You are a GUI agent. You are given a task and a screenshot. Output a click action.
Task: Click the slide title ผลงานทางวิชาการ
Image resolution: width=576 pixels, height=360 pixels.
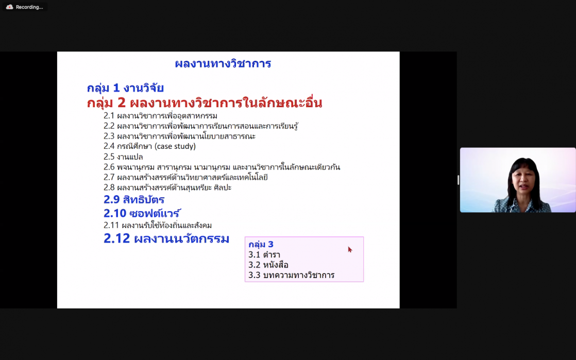click(x=223, y=64)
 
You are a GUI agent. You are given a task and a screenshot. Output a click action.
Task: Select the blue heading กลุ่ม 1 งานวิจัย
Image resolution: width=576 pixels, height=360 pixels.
click(x=125, y=88)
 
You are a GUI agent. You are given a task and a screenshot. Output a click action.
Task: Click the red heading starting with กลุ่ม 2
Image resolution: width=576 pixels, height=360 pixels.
click(x=205, y=102)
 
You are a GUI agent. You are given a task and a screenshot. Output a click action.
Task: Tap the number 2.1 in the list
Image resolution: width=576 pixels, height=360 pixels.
click(x=109, y=116)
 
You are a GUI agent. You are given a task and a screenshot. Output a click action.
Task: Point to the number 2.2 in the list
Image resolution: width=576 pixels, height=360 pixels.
click(x=109, y=126)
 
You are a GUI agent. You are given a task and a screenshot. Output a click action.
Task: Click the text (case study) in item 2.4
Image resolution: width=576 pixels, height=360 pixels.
click(x=175, y=146)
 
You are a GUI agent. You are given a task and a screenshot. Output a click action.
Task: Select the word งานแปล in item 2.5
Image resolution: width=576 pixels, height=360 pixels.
click(x=130, y=157)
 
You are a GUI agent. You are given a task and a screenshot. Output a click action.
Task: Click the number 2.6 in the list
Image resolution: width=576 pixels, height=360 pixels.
click(x=109, y=167)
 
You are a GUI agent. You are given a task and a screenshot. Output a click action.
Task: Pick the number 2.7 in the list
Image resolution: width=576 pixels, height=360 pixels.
click(x=109, y=177)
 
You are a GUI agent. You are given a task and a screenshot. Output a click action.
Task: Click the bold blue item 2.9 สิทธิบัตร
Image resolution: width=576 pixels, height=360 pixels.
click(x=134, y=199)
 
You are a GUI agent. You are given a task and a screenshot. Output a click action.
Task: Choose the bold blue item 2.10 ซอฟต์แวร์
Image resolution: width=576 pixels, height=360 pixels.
click(x=142, y=213)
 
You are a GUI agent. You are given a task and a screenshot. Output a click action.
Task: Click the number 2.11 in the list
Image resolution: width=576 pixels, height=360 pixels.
click(x=111, y=226)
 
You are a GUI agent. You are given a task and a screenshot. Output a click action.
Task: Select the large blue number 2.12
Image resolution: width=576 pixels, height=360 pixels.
click(x=116, y=238)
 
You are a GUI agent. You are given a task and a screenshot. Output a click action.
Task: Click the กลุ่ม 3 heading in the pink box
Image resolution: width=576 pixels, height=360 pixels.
click(x=261, y=244)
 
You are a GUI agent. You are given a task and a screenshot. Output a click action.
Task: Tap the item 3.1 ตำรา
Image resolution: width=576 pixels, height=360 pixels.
click(x=264, y=254)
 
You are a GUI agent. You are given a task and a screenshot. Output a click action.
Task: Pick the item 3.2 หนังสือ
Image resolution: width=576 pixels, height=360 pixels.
click(x=268, y=265)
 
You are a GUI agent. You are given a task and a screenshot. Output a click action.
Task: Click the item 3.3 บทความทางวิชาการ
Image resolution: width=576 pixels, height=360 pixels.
click(x=291, y=275)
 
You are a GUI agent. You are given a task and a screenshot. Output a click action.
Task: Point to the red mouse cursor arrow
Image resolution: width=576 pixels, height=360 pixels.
click(x=350, y=249)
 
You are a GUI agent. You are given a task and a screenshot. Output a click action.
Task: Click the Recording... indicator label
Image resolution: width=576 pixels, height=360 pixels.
click(x=29, y=7)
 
